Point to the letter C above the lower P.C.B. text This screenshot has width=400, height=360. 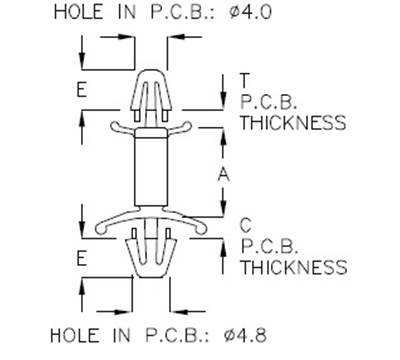click(244, 225)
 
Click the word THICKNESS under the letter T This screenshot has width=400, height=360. click(293, 123)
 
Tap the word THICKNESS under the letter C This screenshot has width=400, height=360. click(293, 268)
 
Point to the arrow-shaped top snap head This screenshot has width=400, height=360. click(152, 85)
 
